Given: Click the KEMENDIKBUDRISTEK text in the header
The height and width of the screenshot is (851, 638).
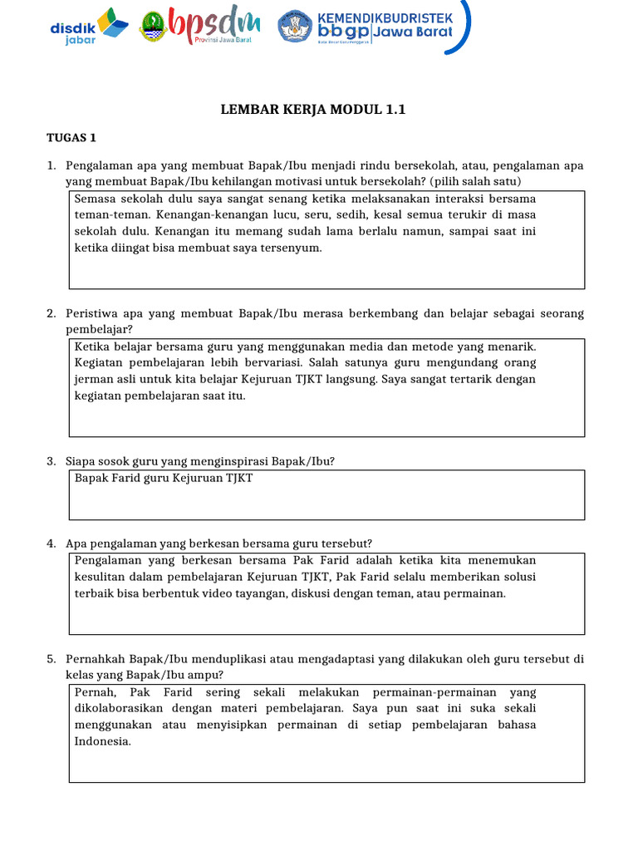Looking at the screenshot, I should pos(382,17).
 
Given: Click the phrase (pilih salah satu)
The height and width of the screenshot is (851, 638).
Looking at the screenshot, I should pos(476,181).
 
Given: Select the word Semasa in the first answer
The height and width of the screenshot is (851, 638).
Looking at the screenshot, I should pos(96,199).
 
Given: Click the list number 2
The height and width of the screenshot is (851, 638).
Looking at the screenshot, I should pos(51,313).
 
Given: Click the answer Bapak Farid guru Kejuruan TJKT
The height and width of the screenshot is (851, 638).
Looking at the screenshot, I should pos(164,478).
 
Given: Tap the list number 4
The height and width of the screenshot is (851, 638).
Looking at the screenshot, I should pos(51,544).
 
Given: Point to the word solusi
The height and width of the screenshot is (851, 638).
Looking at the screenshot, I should pos(517,577).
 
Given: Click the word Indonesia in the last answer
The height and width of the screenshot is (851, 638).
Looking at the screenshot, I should pos(102,741).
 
